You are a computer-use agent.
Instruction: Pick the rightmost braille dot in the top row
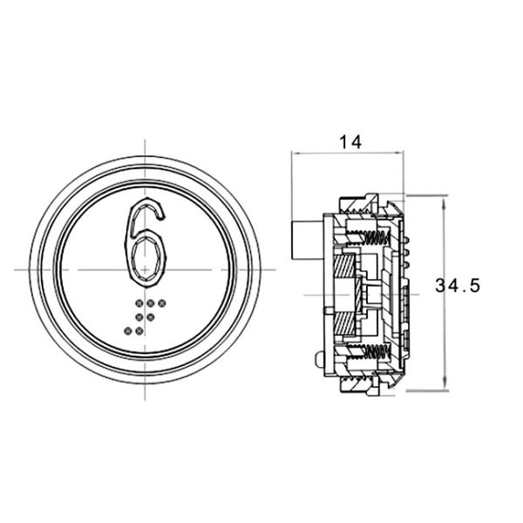tap(161, 304)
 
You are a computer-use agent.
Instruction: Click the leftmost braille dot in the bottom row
tap(128, 330)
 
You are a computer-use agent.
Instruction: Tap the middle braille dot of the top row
tap(150, 304)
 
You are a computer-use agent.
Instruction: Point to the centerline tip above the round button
tap(146, 139)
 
